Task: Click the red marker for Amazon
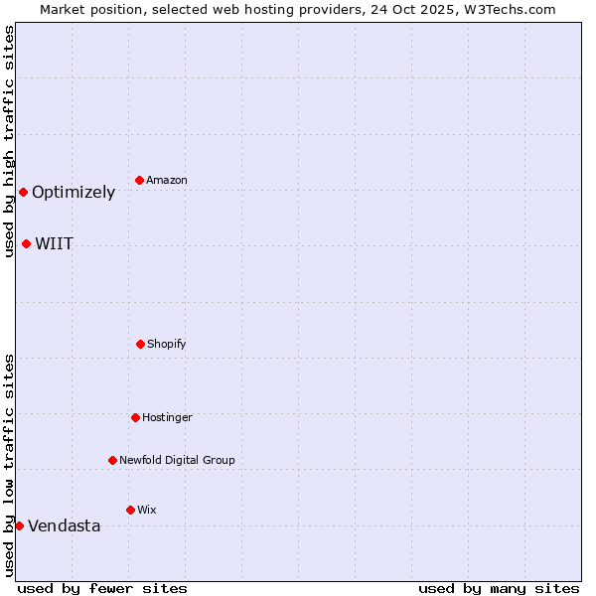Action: (139, 180)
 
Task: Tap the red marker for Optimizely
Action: (23, 192)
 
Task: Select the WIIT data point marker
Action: (26, 243)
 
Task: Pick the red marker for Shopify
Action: (140, 344)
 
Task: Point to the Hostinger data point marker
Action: (135, 417)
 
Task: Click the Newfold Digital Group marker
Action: (112, 460)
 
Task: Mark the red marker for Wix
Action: (130, 510)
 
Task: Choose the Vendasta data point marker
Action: (19, 525)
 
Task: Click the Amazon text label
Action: (167, 181)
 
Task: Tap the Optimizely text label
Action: (74, 193)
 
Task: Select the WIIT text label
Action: (55, 244)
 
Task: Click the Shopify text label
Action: (167, 345)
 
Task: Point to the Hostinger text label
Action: (167, 418)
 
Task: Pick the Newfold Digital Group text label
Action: (177, 461)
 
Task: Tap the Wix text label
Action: (147, 511)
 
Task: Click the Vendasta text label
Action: (65, 526)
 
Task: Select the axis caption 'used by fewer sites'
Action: (102, 588)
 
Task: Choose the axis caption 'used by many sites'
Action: (499, 588)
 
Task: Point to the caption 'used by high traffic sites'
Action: (9, 142)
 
